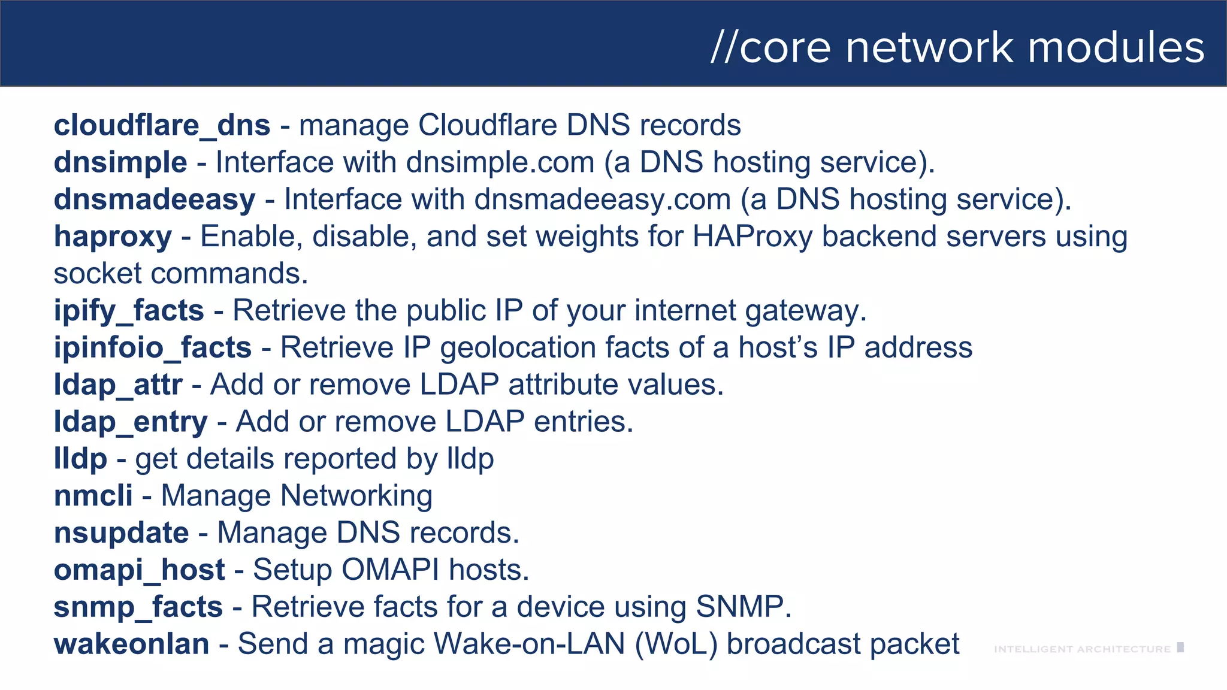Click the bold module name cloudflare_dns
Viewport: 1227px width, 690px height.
162,126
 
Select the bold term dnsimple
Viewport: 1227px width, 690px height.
120,163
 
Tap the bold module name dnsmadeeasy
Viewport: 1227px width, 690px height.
155,200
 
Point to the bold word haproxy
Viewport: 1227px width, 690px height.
113,237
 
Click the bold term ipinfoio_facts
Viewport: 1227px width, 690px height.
153,348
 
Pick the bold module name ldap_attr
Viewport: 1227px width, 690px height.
118,385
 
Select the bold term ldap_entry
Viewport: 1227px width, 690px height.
131,422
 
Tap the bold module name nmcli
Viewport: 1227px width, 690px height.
93,496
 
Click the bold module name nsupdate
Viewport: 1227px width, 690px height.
121,533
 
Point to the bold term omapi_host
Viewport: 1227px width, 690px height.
140,570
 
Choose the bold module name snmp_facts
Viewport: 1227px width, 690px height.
138,607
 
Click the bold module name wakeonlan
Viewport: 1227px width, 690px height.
132,644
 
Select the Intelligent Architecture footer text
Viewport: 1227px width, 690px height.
1082,649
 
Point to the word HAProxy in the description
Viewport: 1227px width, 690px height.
752,237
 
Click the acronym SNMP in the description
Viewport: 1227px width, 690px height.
739,607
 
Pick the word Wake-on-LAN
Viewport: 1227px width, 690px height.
530,644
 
